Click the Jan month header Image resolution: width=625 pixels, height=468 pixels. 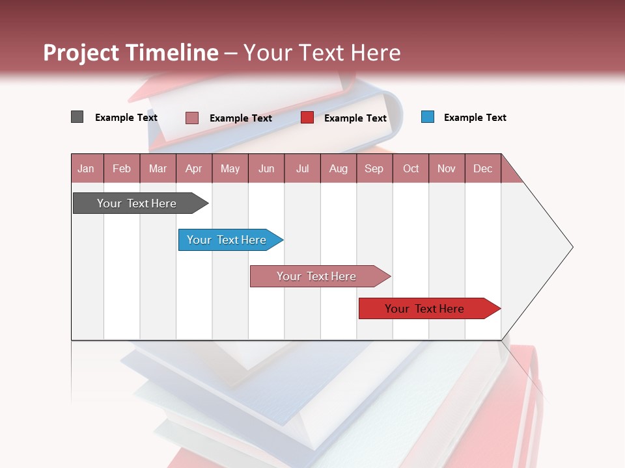click(86, 168)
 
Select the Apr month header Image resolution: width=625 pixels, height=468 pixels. click(193, 168)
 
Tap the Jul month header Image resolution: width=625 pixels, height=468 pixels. click(302, 168)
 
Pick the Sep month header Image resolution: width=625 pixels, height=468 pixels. click(374, 168)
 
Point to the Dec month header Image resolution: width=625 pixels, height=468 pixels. click(482, 168)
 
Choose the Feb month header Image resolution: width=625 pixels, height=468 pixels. click(122, 168)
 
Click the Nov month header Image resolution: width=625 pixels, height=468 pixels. click(446, 168)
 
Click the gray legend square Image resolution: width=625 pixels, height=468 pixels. click(77, 117)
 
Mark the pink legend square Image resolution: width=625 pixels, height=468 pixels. click(191, 118)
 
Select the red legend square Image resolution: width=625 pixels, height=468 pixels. click(307, 118)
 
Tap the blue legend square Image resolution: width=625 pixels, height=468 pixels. click(428, 117)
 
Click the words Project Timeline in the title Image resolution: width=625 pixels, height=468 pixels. click(131, 53)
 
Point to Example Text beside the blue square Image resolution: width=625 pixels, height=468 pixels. click(475, 118)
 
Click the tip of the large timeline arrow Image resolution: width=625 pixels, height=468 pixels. click(571, 247)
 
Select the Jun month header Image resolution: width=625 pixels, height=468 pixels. click(266, 168)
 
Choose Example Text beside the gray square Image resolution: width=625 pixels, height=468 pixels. click(126, 118)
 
